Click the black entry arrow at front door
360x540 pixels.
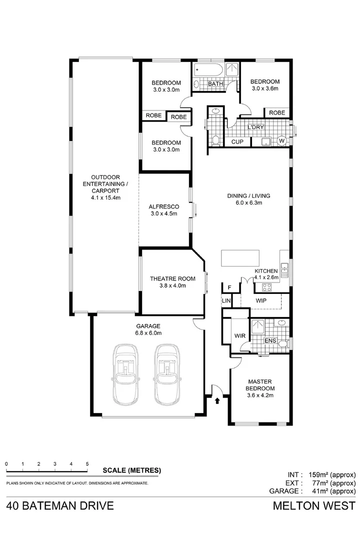click(217, 400)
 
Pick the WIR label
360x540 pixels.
click(239, 336)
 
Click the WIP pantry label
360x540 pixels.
click(260, 301)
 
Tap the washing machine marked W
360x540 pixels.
click(281, 140)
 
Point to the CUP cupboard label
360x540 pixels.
click(237, 142)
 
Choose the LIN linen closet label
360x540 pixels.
click(226, 300)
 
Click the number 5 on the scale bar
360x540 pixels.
click(87, 463)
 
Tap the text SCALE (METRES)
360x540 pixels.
click(131, 470)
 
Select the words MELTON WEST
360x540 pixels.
click(314, 505)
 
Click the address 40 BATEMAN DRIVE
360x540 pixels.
click(60, 505)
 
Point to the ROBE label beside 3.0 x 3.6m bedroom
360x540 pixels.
click(277, 113)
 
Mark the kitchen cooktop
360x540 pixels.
click(266, 287)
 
